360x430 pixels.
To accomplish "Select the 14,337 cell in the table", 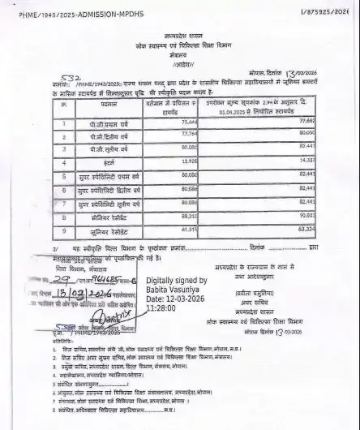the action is tap(304, 162).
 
